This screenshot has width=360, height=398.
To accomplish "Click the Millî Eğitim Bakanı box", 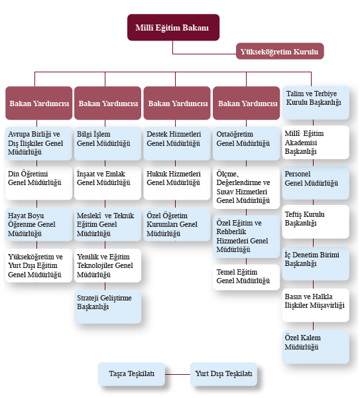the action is [173, 27].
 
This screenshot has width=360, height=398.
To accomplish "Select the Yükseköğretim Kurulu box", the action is [280, 51].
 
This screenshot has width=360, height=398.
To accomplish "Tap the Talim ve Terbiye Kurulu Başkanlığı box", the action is [316, 103].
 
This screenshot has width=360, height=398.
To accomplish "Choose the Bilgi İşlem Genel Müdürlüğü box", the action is [107, 143].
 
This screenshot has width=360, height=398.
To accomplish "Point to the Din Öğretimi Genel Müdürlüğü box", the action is [39, 183].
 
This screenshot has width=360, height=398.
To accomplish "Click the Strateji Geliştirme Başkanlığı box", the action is [107, 306].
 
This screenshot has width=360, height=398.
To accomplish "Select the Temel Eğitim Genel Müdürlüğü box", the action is [246, 277].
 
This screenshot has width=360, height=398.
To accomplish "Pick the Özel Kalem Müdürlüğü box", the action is [316, 347].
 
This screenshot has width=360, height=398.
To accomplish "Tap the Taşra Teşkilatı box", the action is [131, 374].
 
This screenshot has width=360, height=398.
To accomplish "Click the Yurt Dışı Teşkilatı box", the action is [223, 374].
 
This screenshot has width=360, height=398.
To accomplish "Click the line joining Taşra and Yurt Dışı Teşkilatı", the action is [178, 374].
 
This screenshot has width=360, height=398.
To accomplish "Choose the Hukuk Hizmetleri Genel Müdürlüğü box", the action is [177, 183].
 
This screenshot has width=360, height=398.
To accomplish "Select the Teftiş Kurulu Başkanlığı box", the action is [316, 222].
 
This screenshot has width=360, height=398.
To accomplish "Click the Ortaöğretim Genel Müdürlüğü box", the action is [246, 143].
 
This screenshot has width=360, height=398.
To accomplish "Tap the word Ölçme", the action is [227, 174].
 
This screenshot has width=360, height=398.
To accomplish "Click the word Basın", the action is [292, 297].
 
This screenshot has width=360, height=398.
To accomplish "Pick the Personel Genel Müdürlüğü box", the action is [316, 183].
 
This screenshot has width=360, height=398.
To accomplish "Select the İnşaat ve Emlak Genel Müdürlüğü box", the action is [107, 183].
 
